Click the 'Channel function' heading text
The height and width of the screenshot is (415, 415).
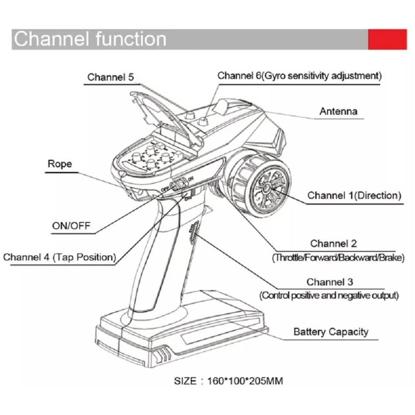pos(90,39)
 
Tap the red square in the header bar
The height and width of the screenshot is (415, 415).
pos(387,39)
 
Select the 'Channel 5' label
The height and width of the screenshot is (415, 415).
pos(111,77)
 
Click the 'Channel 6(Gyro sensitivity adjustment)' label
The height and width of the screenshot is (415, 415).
pos(299,76)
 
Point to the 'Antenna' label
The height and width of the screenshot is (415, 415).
pos(338,111)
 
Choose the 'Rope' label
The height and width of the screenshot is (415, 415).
pos(60,164)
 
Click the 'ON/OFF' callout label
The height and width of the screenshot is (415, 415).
pos(71,226)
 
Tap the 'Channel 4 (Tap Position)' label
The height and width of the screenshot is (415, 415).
pos(59,257)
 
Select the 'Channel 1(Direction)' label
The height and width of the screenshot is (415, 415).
pos(354,195)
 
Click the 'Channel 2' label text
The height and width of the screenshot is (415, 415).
pos(334,244)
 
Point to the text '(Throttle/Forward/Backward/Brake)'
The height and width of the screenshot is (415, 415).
pos(338,258)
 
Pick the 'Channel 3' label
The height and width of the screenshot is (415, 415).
pos(330,282)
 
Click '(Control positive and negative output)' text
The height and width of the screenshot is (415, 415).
pos(329,295)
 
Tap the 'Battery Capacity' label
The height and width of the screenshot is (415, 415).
pos(331,332)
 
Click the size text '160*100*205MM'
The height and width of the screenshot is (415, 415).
pos(245,381)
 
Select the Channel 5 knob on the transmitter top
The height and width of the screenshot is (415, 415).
pos(190,115)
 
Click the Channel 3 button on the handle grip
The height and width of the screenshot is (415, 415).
pos(193,233)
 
